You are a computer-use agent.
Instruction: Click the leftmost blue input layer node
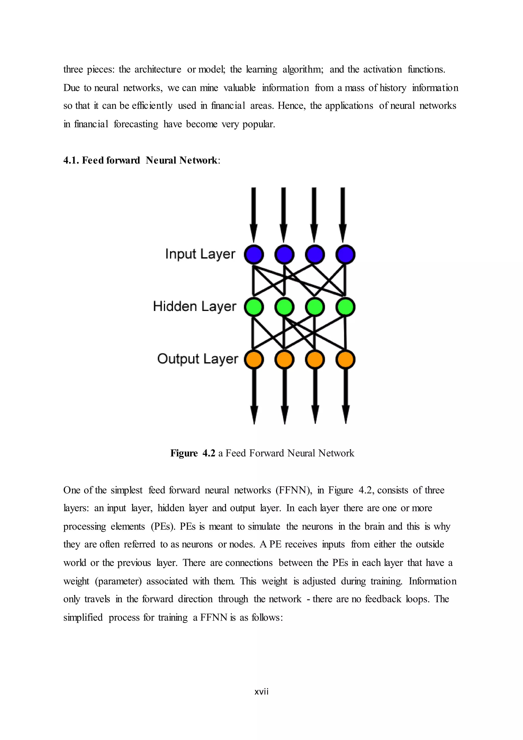[254, 254]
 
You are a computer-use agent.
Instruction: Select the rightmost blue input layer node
[345, 254]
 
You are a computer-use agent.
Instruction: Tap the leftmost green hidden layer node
[254, 307]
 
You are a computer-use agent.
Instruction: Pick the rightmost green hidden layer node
[345, 307]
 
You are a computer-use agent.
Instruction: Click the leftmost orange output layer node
[254, 359]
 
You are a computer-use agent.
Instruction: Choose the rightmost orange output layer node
[345, 359]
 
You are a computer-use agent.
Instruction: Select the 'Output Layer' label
[197, 359]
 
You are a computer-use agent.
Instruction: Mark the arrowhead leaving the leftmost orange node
[254, 414]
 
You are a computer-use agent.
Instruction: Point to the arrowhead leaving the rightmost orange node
[346, 414]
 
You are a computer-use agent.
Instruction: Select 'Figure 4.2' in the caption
[193, 453]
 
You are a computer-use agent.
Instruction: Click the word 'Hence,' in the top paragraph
[291, 106]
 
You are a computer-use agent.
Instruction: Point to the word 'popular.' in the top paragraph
[259, 124]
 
